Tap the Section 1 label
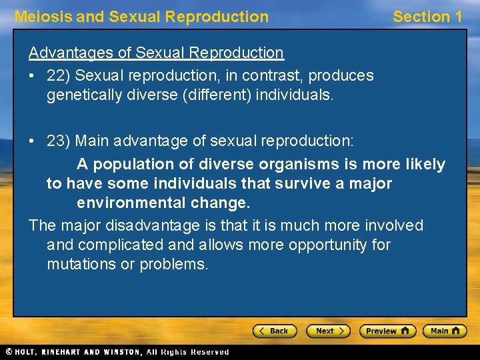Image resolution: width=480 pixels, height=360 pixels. [x=427, y=17]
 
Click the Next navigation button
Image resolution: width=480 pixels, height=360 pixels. [x=328, y=331]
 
